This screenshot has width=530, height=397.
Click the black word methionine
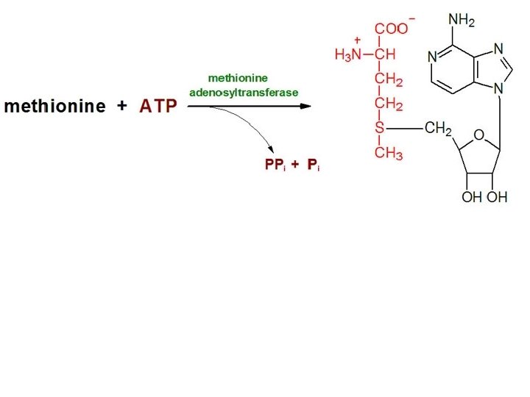pos(54,107)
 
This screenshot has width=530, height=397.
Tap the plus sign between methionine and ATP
pos(121,106)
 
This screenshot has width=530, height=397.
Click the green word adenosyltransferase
pos(244,93)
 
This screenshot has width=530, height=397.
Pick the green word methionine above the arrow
pos(238,77)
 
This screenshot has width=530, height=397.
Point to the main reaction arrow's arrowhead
pos(305,106)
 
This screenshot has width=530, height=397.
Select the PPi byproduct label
pos(275,165)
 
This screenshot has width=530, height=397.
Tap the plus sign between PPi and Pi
pos(294,165)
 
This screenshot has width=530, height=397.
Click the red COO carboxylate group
pos(390,29)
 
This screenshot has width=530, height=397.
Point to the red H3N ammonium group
pos(347,54)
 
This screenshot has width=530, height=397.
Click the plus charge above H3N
pos(358,40)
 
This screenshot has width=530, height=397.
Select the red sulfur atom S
pos(380,129)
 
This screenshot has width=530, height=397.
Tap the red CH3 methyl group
pos(389,154)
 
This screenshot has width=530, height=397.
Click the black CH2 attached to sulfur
pos(438,129)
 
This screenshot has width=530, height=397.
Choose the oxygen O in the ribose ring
pos(478,135)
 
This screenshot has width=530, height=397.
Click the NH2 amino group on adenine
pos(462,20)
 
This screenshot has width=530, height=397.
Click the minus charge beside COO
pos(411,18)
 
